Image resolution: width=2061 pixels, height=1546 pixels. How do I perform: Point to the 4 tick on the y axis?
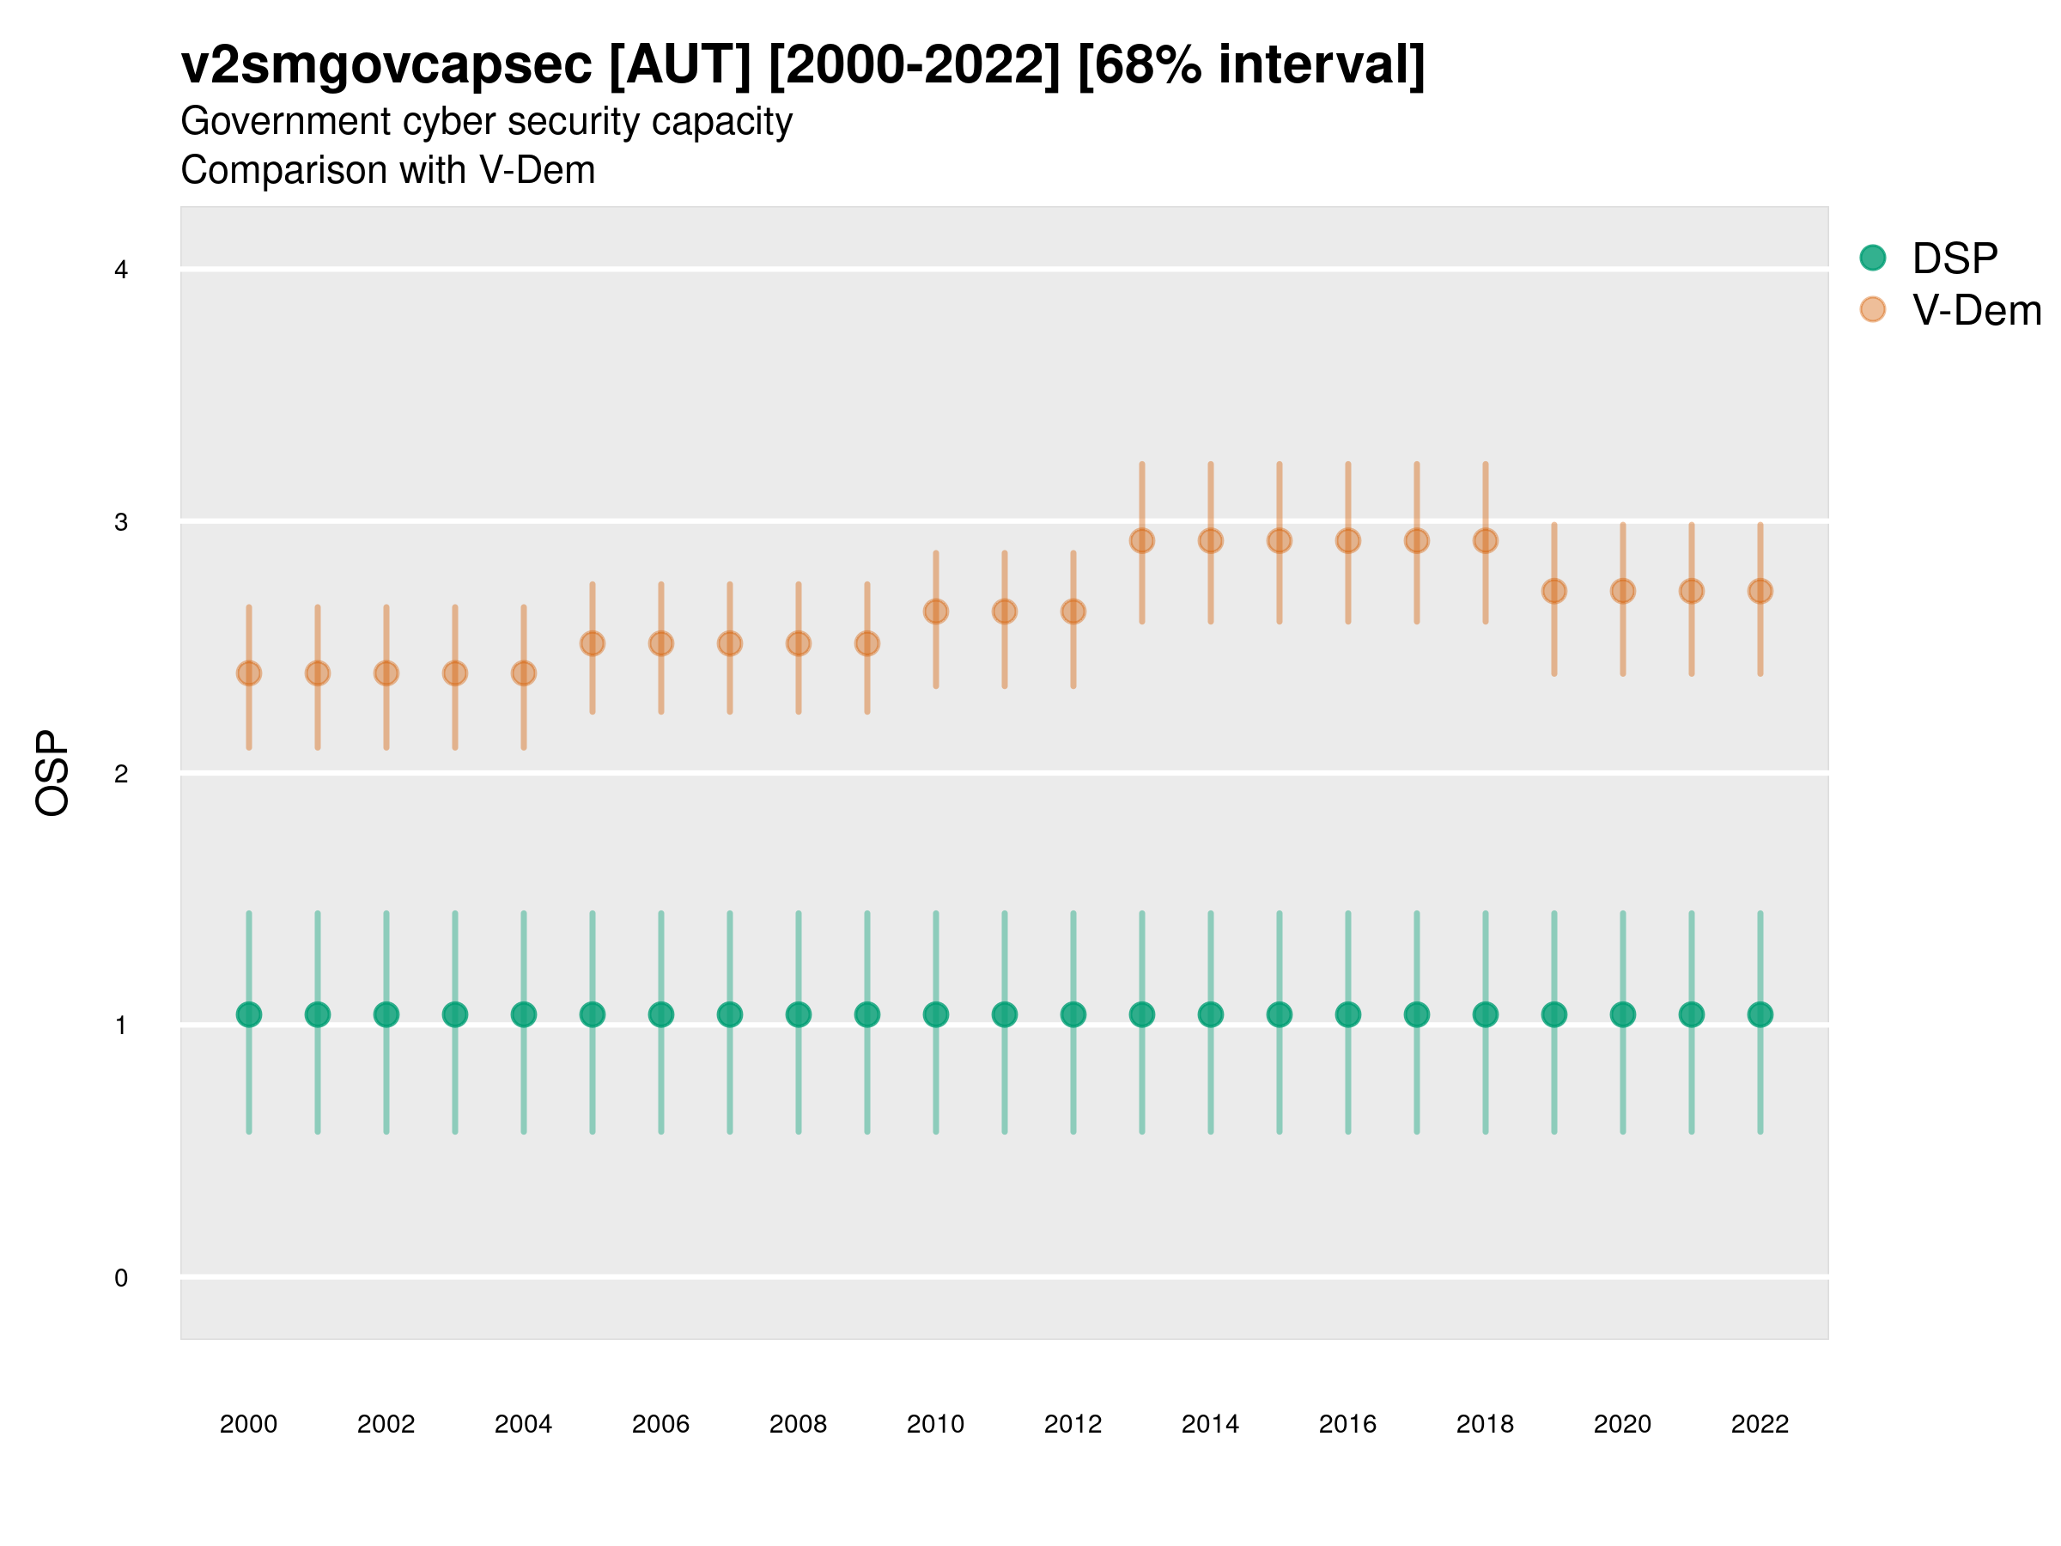121,271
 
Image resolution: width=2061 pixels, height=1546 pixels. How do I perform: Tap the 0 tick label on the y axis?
121,1278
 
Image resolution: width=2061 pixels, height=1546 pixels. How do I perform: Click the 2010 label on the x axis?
935,1424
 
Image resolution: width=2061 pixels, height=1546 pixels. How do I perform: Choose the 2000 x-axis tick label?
249,1424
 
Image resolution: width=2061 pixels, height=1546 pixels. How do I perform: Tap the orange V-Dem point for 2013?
1141,540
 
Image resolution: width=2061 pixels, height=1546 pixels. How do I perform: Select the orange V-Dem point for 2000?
249,673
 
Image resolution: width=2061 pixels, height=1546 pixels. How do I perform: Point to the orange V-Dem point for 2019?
1554,591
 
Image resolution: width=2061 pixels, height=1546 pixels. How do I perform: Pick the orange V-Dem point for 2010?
935,612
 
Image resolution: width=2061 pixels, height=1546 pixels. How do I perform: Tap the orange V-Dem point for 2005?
593,643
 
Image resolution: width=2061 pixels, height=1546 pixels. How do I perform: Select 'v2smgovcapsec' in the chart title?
386,65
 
